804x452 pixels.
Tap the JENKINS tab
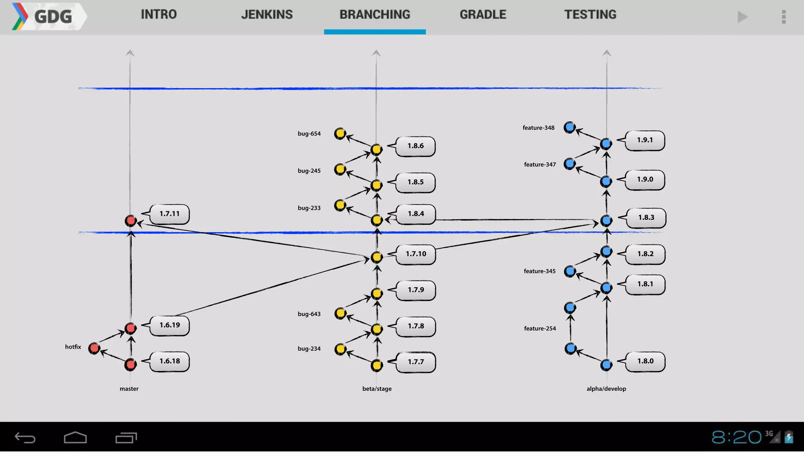pyautogui.click(x=267, y=15)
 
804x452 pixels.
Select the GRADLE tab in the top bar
pyautogui.click(x=483, y=15)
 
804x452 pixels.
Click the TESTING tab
pyautogui.click(x=590, y=15)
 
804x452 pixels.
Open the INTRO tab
pyautogui.click(x=159, y=15)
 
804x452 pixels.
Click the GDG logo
pyautogui.click(x=47, y=16)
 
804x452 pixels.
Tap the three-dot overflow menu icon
pyautogui.click(x=784, y=17)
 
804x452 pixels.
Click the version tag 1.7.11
pyautogui.click(x=170, y=214)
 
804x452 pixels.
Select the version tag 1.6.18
pyautogui.click(x=170, y=361)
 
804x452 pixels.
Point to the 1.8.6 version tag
pyautogui.click(x=415, y=146)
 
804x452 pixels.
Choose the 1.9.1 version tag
pyautogui.click(x=645, y=140)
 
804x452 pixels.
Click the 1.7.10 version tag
pyautogui.click(x=416, y=254)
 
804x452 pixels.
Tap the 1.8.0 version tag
pyautogui.click(x=645, y=361)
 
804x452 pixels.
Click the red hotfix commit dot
pyautogui.click(x=94, y=348)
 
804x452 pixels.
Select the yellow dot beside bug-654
pyautogui.click(x=340, y=133)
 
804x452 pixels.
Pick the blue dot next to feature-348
pyautogui.click(x=570, y=127)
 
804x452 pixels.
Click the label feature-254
pyautogui.click(x=540, y=328)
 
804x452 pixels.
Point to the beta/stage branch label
pyautogui.click(x=377, y=389)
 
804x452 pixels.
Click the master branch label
pyautogui.click(x=129, y=389)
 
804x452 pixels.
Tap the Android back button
pyautogui.click(x=25, y=437)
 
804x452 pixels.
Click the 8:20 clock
pyautogui.click(x=736, y=437)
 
